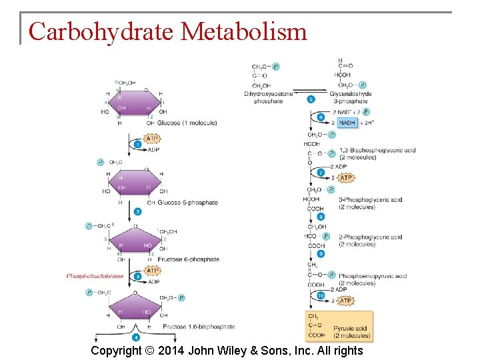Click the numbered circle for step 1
pos(138,144)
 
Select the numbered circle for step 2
pos(138,211)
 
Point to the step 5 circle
pos(311,99)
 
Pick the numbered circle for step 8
pos(321,217)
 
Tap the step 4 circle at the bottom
pos(137,338)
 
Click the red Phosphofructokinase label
pos(95,276)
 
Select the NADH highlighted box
pos(347,123)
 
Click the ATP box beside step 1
pos(153,139)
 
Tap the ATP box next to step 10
pos(345,301)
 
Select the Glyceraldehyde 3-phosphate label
pos(351,98)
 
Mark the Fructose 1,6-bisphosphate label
pos(199,327)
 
